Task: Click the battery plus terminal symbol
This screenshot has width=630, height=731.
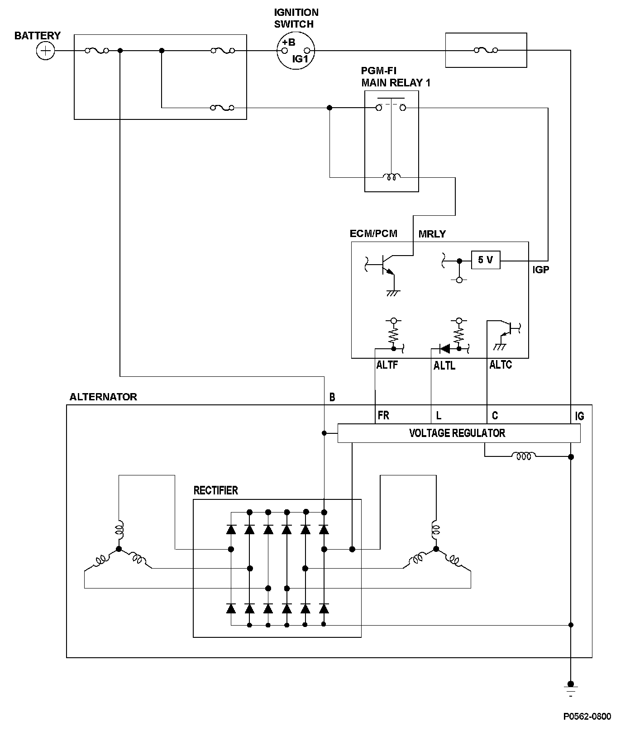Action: [x=45, y=50]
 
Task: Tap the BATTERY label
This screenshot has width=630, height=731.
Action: [x=37, y=36]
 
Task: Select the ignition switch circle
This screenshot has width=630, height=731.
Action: [x=296, y=51]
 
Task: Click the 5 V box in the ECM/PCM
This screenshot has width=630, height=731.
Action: [x=486, y=260]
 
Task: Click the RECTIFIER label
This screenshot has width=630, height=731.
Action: [x=215, y=490]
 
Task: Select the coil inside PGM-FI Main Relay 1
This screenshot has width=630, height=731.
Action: [x=391, y=177]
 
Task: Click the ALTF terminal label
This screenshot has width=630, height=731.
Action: [x=387, y=365]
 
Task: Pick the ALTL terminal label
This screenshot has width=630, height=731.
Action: [x=444, y=366]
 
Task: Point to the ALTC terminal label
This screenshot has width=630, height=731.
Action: [x=501, y=365]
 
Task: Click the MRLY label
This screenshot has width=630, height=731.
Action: [x=432, y=234]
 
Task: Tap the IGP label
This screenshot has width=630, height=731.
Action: [x=541, y=270]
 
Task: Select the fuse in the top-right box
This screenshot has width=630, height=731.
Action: [x=486, y=50]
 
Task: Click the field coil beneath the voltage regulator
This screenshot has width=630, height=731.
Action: [x=524, y=456]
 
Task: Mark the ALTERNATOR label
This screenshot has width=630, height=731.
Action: [x=103, y=397]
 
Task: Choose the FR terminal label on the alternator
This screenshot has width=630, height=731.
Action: [x=383, y=415]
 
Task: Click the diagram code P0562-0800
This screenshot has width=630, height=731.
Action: [x=587, y=717]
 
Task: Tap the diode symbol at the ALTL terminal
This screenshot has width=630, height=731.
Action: [x=445, y=349]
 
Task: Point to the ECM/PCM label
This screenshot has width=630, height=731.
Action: [x=373, y=234]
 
